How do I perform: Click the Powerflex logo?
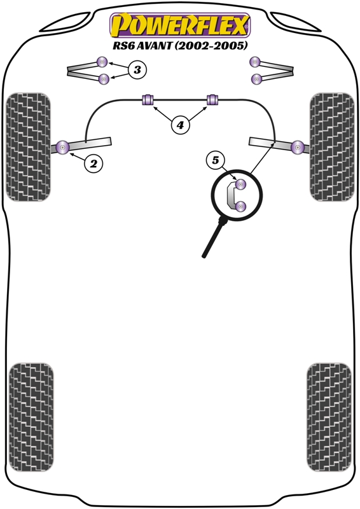[x=180, y=25]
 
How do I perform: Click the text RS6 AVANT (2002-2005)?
[x=180, y=45]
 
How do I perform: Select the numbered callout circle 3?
[x=137, y=69]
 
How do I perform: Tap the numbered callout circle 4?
[x=180, y=124]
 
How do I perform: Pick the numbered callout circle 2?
[x=93, y=164]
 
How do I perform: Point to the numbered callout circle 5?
[x=216, y=160]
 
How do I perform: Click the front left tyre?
[x=28, y=147]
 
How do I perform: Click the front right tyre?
[x=332, y=147]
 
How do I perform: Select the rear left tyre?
[x=31, y=417]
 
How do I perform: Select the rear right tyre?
[x=329, y=417]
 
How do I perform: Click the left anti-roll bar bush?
[x=148, y=99]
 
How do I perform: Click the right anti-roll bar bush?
[x=212, y=99]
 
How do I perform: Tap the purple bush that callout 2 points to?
[x=63, y=148]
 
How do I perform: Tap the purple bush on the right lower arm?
[x=297, y=148]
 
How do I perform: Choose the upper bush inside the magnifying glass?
[x=240, y=185]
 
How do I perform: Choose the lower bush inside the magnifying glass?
[x=240, y=206]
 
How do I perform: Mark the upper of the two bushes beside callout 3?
[x=102, y=62]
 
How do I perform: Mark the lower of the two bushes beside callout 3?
[x=104, y=79]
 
